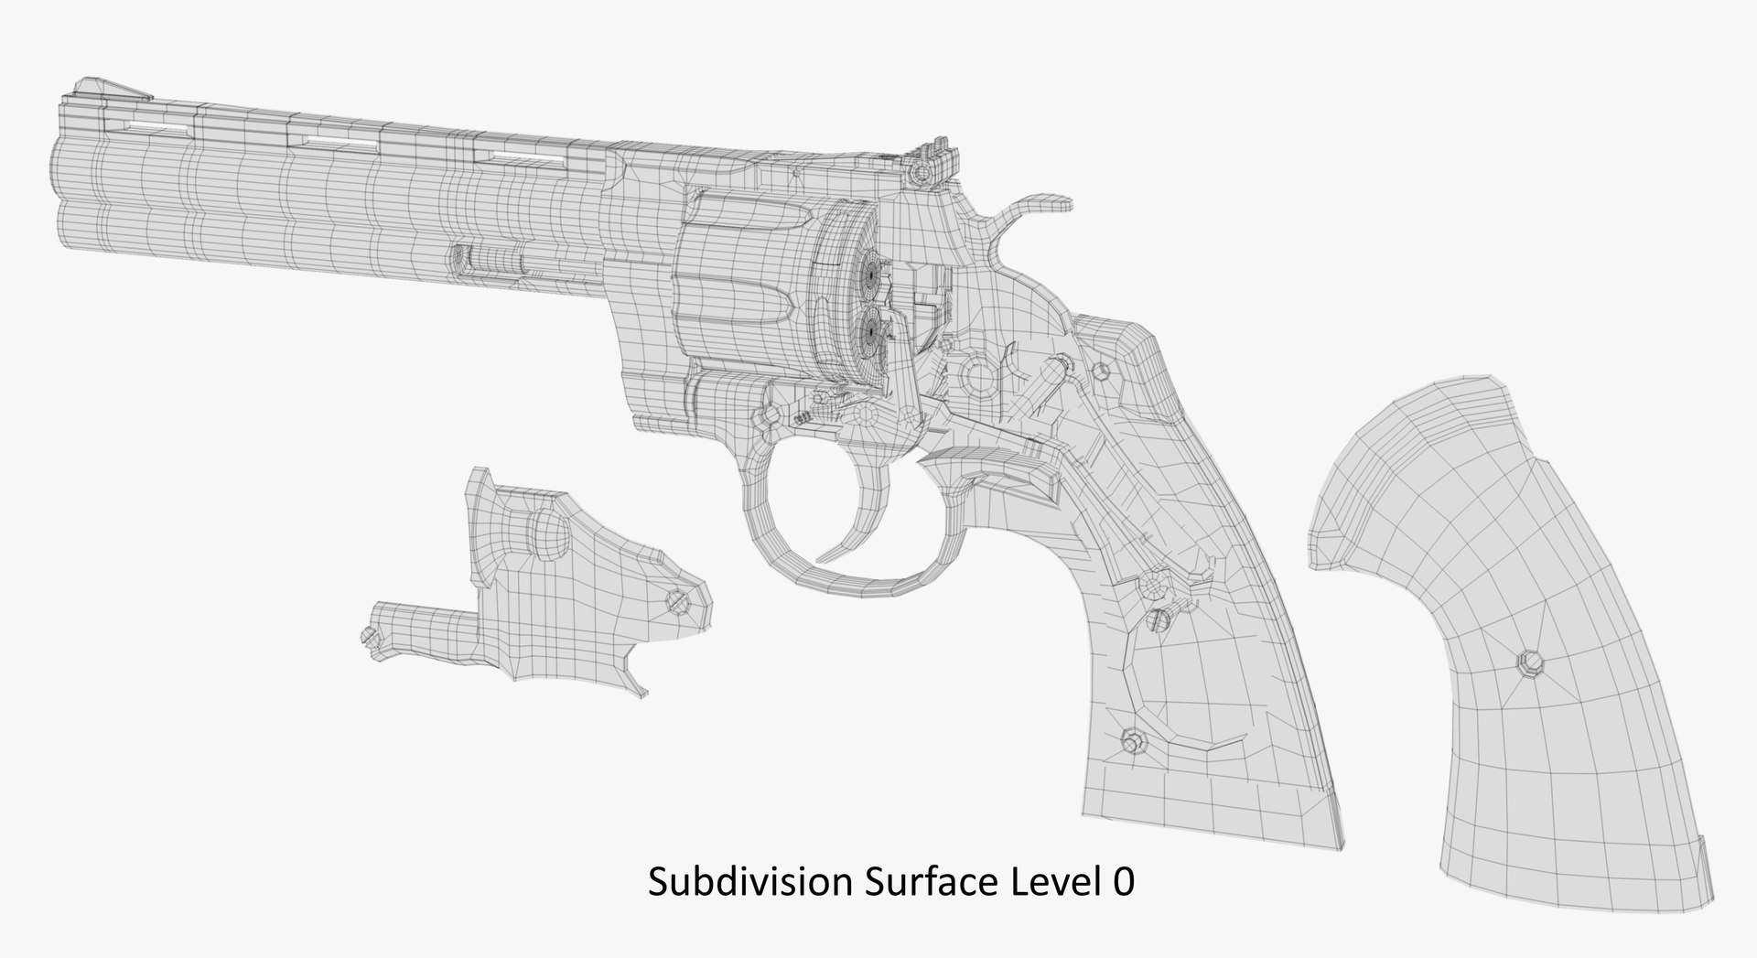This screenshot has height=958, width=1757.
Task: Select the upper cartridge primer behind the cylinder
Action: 872,273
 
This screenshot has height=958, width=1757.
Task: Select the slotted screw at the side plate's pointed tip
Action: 678,599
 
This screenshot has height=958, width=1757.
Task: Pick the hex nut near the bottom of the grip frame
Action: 1134,740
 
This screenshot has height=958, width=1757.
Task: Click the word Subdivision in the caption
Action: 746,883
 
